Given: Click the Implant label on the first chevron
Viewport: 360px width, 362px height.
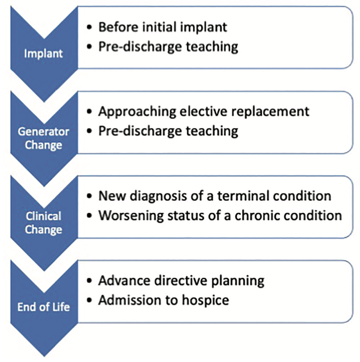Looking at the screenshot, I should (43, 54).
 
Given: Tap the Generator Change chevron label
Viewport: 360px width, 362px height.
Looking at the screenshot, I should (43, 138).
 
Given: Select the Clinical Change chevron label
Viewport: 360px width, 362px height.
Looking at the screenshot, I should (43, 223).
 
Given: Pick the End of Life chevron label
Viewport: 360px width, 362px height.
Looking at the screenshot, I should (43, 307).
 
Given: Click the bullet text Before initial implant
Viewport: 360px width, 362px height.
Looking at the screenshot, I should (163, 27).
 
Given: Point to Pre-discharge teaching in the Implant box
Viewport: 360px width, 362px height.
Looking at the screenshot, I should (168, 47).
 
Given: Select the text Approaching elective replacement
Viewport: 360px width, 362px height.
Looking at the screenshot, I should (204, 111).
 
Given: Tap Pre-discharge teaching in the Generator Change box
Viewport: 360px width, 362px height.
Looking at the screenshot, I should (168, 131).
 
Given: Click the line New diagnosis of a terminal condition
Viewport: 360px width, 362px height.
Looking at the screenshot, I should (214, 196).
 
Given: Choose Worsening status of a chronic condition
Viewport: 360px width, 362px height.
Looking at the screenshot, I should (220, 215).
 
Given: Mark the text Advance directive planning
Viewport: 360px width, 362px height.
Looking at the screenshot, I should (181, 281).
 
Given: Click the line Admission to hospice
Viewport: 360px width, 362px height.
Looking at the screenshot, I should (164, 300).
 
